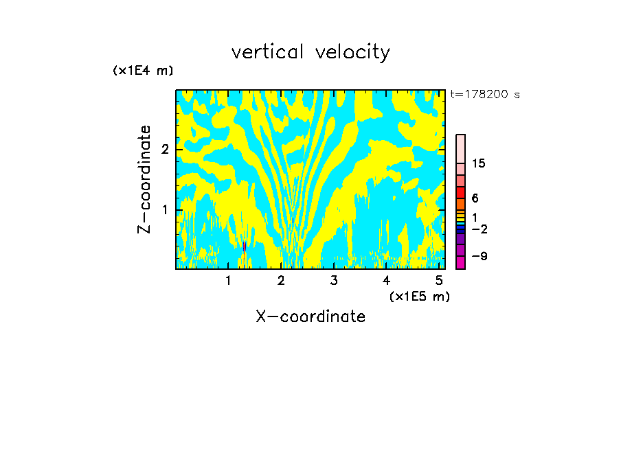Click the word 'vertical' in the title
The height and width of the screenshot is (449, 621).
pos(268,52)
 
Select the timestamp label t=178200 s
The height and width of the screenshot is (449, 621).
pos(485,94)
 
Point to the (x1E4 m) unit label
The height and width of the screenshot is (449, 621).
pos(143,70)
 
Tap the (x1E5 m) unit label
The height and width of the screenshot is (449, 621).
pos(419,296)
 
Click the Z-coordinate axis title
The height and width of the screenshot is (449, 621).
pos(144,179)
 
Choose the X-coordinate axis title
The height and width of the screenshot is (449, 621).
pos(310,316)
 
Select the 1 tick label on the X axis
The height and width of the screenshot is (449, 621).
pos(228,281)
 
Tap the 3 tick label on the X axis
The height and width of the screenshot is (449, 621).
pos(333,281)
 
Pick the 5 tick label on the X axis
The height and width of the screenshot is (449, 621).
pos(439,281)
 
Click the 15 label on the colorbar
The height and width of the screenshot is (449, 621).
pos(479,163)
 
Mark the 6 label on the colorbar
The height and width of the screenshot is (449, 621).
pos(475,198)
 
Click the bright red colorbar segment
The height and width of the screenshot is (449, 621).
pos(460,192)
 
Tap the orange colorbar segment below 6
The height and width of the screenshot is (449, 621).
pos(460,204)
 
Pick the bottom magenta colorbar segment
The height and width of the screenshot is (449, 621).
pos(460,262)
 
